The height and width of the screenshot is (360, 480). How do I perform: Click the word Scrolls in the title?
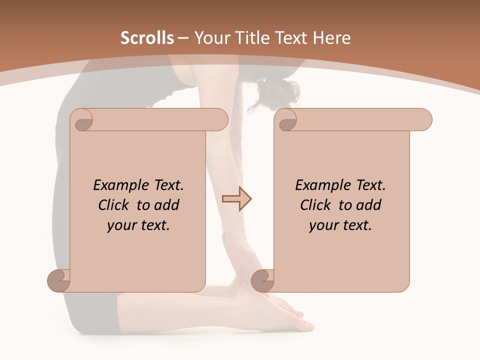click(x=147, y=38)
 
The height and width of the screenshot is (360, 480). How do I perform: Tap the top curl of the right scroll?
click(x=286, y=120)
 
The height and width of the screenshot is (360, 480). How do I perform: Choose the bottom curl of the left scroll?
click(x=58, y=280)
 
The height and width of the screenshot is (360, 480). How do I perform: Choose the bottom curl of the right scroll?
click(x=262, y=280)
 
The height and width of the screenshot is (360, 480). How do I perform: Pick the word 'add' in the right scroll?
click(x=370, y=205)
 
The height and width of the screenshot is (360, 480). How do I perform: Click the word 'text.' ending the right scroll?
click(x=356, y=225)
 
